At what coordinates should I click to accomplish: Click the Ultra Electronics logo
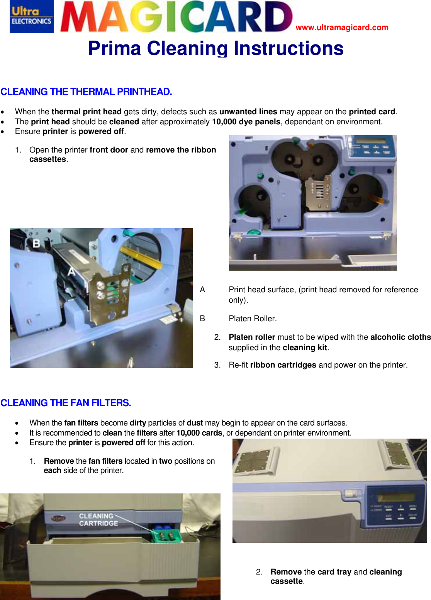click(31, 17)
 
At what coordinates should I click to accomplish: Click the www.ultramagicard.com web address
click(342, 27)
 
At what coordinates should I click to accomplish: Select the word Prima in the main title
click(114, 49)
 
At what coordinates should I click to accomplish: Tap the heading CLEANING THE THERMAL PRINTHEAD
click(86, 92)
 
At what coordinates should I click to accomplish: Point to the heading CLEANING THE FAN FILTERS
click(66, 403)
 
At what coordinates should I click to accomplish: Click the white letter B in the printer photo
click(36, 243)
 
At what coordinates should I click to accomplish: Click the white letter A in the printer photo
click(71, 272)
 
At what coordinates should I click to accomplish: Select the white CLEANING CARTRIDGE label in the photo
click(98, 520)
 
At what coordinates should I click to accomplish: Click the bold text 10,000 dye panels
click(246, 122)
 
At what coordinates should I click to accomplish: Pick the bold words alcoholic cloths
click(400, 337)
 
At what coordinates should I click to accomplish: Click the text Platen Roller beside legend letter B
click(253, 319)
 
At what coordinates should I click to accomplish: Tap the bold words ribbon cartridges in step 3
click(283, 365)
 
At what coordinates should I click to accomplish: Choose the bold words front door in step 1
click(109, 150)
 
